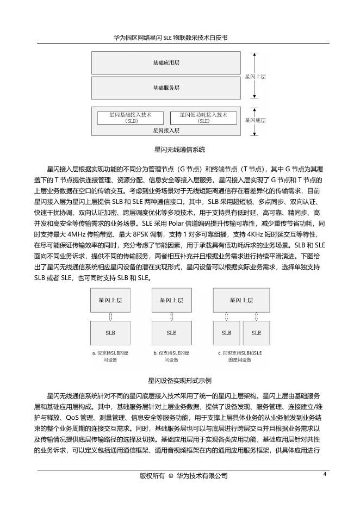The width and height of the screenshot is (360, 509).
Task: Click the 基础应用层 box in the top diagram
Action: (x=166, y=63)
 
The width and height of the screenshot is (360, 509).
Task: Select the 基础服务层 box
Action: (x=166, y=88)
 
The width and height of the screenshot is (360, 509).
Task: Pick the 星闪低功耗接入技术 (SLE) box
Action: (x=203, y=118)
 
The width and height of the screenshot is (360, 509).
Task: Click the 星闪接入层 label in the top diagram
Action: (x=166, y=131)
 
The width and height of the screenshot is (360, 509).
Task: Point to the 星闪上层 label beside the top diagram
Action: (x=255, y=77)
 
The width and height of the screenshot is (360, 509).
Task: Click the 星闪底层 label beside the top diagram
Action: (x=255, y=121)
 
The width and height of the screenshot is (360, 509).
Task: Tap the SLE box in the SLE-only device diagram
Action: (x=171, y=332)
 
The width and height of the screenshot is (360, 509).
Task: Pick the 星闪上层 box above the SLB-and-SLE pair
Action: (x=241, y=300)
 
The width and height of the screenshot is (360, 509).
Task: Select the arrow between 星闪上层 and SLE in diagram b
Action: (x=171, y=316)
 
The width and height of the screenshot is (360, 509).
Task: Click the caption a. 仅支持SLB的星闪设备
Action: (x=110, y=356)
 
